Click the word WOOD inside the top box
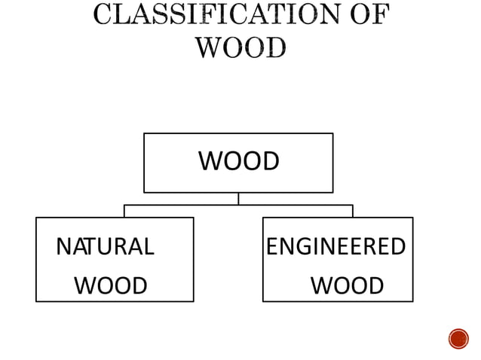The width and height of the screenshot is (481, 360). tap(238, 161)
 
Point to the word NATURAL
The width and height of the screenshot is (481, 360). tap(105, 246)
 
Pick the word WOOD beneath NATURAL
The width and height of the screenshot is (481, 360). tap(111, 286)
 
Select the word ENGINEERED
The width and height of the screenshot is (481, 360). tap(336, 246)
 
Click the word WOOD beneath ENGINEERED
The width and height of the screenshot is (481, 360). tap(347, 286)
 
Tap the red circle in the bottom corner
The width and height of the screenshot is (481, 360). tap(458, 339)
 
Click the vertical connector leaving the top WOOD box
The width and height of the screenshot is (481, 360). tap(238, 198)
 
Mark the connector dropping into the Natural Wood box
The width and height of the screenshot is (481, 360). tap(124, 211)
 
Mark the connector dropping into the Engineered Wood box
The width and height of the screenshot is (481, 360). tap(352, 211)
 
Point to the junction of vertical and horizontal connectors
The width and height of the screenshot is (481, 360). tap(238, 205)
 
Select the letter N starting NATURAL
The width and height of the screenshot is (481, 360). tap(63, 246)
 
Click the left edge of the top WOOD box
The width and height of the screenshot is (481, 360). tap(144, 163)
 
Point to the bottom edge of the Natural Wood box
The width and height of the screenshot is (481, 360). tap(115, 301)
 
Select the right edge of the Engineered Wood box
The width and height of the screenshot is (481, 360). tap(412, 259)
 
